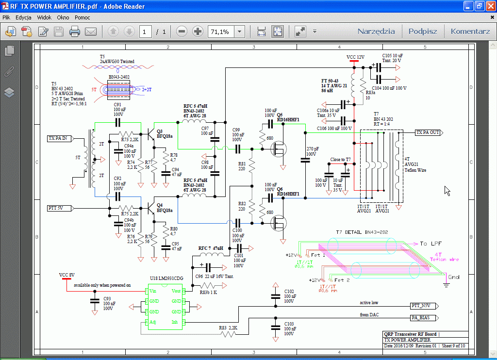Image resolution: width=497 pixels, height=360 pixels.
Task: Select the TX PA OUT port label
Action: point(428,132)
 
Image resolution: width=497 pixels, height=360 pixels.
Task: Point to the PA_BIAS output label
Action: point(422,318)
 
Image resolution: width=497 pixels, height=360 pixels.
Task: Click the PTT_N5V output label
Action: point(422,306)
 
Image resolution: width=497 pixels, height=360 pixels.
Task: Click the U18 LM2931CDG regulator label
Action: point(166,278)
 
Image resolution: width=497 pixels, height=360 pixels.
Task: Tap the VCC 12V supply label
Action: point(355,57)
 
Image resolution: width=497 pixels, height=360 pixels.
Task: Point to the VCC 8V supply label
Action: point(66,275)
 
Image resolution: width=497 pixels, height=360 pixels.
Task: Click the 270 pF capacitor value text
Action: point(313,148)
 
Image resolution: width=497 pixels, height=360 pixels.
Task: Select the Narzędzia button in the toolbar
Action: point(376,32)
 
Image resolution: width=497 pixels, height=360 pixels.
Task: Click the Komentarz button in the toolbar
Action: point(470,32)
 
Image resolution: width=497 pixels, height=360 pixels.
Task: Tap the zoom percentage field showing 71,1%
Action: point(221,32)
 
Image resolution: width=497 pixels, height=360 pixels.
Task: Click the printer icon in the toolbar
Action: point(74,32)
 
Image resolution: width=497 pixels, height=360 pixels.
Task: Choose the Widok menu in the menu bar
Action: point(44,17)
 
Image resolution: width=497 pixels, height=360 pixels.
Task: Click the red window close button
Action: point(489,6)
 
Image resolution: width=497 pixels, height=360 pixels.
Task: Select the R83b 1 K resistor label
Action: point(208,293)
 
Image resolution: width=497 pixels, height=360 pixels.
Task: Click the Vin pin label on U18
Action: point(153,291)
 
